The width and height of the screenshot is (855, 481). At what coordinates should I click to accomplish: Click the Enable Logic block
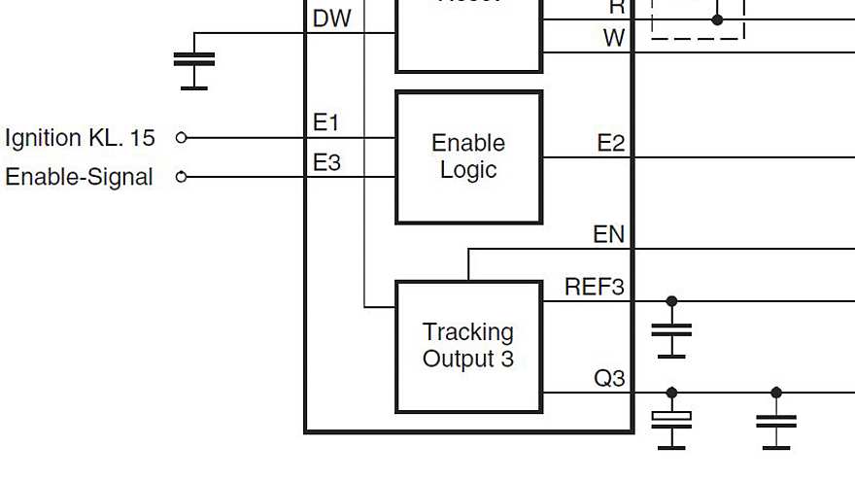click(468, 156)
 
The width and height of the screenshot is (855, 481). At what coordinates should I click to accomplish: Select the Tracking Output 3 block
click(468, 346)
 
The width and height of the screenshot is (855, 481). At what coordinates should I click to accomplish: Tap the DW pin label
click(332, 19)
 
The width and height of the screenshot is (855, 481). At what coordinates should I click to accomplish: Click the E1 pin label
click(326, 123)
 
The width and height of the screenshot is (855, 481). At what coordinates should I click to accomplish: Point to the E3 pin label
click(326, 162)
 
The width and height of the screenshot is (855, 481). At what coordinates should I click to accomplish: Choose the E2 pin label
click(610, 144)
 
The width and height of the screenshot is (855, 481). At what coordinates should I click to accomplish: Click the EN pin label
click(608, 235)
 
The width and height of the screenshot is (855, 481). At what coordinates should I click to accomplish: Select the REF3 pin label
click(594, 288)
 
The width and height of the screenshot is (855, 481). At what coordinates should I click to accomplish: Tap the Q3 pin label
click(609, 378)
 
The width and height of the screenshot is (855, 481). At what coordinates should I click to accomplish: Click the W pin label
click(614, 38)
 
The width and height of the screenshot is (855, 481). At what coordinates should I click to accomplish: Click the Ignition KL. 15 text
click(80, 138)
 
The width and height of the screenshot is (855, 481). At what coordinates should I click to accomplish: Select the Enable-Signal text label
click(80, 177)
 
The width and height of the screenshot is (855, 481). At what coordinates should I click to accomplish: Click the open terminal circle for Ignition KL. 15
click(181, 138)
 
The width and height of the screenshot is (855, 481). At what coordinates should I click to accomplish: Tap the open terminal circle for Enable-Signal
click(181, 177)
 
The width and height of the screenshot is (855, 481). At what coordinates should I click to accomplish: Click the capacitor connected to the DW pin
click(194, 59)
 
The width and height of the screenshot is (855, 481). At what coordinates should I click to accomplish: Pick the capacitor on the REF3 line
click(671, 329)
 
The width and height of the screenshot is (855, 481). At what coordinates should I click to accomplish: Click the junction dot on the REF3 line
click(671, 301)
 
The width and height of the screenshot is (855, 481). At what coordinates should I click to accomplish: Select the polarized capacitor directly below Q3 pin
click(671, 420)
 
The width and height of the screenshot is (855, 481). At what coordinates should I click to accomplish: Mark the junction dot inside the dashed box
click(717, 19)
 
